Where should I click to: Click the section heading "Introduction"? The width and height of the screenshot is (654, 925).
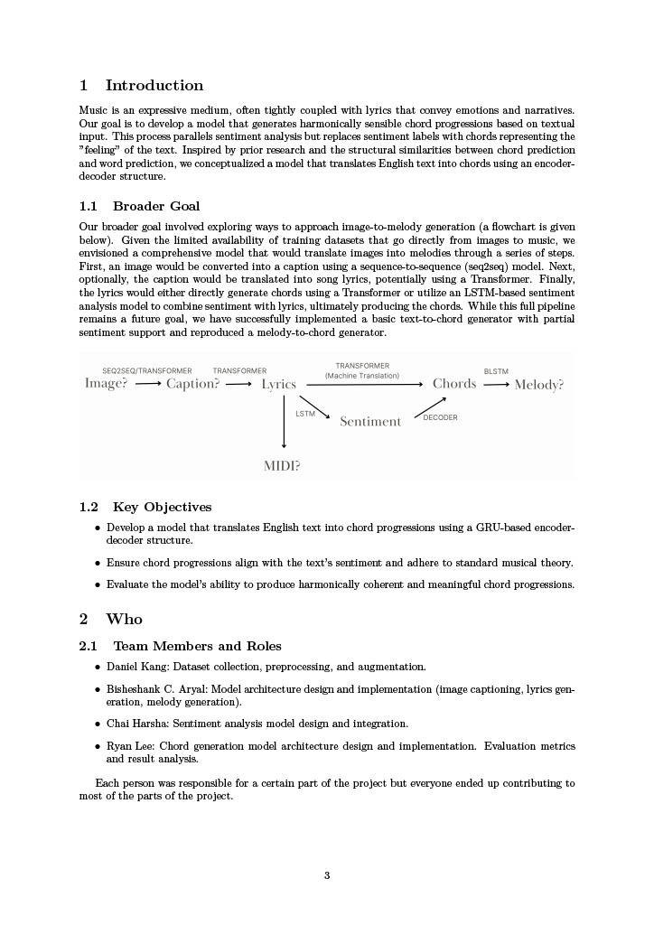point(154,86)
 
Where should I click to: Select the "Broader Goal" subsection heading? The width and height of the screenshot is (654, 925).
point(156,206)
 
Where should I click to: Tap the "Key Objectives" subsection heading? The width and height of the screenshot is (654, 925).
point(162,507)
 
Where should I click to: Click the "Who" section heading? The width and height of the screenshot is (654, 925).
point(124,620)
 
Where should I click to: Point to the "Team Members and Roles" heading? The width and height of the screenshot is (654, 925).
point(197,646)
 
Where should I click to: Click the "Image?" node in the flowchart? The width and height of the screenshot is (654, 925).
point(107,384)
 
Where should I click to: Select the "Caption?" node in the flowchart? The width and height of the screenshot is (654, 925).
point(192,384)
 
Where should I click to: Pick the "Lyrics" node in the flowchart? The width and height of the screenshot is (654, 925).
point(279,385)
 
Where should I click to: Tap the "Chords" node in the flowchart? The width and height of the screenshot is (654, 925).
point(454,384)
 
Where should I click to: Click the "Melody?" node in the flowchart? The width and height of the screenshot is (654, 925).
point(539,385)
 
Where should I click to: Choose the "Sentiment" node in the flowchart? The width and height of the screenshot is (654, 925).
point(370,422)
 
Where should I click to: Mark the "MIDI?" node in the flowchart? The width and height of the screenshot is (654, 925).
point(282,466)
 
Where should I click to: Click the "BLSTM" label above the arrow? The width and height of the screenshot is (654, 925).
point(496,371)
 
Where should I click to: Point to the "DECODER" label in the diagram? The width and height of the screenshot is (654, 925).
point(441,417)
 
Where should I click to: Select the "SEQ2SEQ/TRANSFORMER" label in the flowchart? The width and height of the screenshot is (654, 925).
point(147,371)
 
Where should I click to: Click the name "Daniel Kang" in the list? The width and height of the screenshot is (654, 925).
point(136,668)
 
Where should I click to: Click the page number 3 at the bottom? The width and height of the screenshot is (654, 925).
point(327,874)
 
